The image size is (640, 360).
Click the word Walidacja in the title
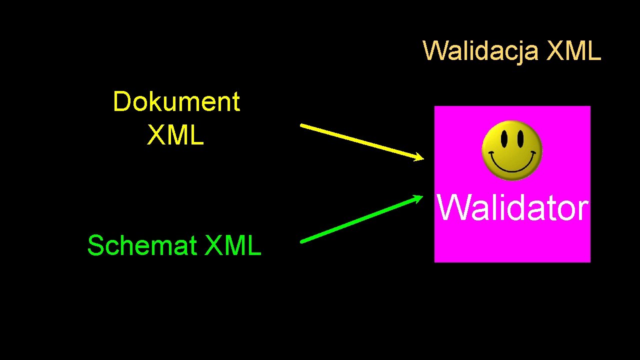tap(480, 51)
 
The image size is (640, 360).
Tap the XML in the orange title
tap(573, 51)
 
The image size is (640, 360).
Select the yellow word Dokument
tap(176, 102)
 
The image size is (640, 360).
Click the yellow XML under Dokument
tap(175, 135)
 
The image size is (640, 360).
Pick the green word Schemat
tap(142, 245)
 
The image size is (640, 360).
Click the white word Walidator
tap(512, 208)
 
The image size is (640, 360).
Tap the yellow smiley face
tap(511, 150)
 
